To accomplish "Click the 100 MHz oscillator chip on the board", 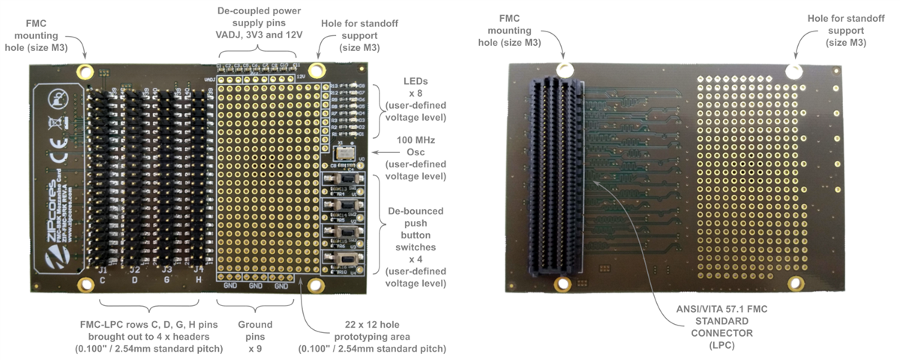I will pyautogui.click(x=345, y=150).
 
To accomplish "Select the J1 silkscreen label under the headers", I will pyautogui.click(x=102, y=269).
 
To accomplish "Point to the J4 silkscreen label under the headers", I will pyautogui.click(x=199, y=269).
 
